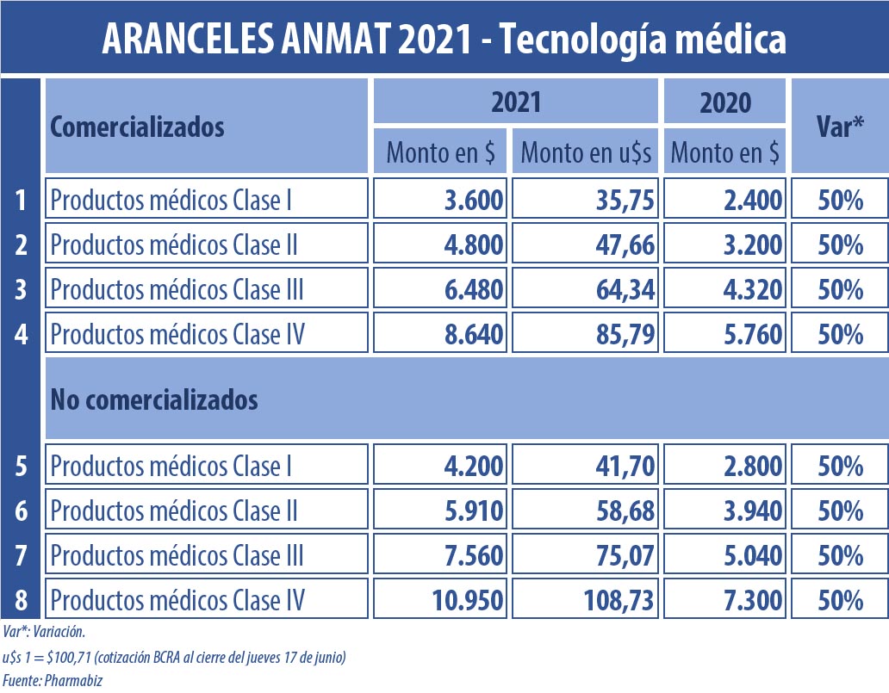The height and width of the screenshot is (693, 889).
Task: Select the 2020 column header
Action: pos(724,102)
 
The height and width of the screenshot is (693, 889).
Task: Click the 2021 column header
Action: pos(515,102)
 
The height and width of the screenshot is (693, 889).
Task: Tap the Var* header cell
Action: pos(839,127)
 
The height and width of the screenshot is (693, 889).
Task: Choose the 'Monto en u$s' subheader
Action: pos(586,153)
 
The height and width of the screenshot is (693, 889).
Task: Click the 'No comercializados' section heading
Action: pos(154,399)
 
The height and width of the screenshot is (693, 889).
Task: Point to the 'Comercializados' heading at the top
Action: pos(137,127)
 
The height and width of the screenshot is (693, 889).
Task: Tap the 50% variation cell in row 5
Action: pos(840,467)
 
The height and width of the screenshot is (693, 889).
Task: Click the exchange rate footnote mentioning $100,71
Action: pos(174,658)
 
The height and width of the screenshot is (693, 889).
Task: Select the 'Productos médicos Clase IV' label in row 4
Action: pos(177,334)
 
